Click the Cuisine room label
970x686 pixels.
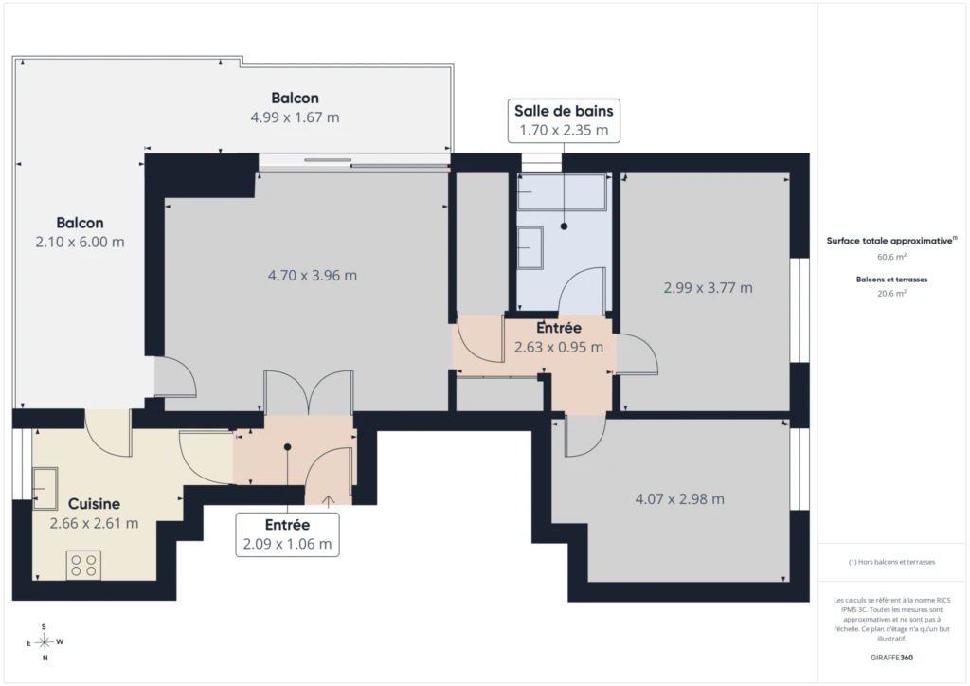(94, 503)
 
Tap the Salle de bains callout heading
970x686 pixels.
(564, 111)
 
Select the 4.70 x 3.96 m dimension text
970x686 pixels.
(313, 276)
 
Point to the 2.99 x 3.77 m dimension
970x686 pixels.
(708, 288)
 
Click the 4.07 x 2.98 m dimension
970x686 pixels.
(679, 499)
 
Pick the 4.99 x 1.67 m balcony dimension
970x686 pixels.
(296, 117)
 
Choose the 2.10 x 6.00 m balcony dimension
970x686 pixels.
(80, 242)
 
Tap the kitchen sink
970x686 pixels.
(45, 489)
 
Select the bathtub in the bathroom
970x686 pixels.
(561, 191)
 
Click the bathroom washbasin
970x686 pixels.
(530, 247)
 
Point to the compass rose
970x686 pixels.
(44, 642)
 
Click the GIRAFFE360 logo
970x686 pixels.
(891, 658)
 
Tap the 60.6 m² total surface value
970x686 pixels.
(891, 257)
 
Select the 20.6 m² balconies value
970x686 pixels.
(891, 293)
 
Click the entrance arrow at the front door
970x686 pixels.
(328, 501)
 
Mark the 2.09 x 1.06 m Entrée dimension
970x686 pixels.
(287, 544)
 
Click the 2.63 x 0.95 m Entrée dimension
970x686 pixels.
(559, 347)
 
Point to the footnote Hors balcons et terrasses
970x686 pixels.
(891, 562)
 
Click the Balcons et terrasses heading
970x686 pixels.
(891, 280)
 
